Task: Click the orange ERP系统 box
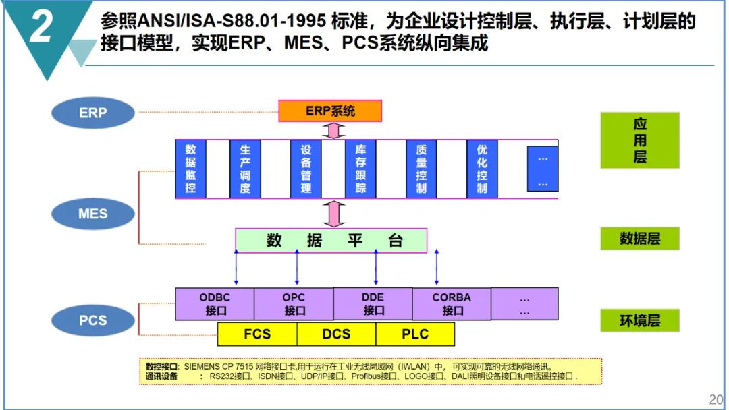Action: tap(330, 111)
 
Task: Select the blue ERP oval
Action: tap(93, 113)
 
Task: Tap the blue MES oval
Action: tap(93, 214)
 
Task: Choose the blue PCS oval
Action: tap(93, 320)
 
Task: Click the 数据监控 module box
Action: tap(190, 168)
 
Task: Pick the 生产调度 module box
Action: tap(245, 168)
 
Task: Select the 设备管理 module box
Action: tap(306, 168)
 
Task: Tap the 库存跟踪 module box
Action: tap(360, 168)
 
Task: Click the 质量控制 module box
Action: tap(421, 168)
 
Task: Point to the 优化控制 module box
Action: tap(482, 168)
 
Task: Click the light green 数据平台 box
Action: tap(331, 241)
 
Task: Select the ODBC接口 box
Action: tap(215, 303)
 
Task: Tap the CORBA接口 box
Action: tap(452, 303)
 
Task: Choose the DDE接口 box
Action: tap(373, 303)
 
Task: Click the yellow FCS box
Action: tap(257, 334)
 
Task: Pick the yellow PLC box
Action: tap(415, 334)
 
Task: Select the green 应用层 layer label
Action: tap(640, 140)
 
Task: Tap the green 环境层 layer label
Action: tap(640, 320)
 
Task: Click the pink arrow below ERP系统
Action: tap(330, 130)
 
